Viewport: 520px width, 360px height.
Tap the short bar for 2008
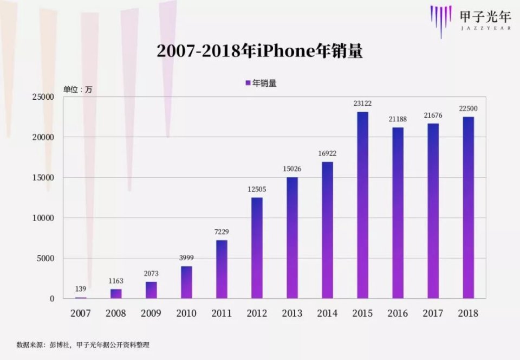(116, 293)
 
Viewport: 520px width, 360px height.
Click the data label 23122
(362, 103)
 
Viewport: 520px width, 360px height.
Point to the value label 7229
(222, 232)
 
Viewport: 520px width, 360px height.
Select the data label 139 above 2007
(81, 288)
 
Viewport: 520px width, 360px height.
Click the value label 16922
(327, 153)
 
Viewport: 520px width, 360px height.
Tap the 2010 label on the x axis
(186, 313)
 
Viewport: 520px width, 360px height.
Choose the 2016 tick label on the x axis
(398, 313)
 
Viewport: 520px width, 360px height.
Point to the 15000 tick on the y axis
(44, 178)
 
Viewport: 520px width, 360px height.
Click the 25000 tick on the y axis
(44, 97)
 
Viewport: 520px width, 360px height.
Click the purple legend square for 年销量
(248, 83)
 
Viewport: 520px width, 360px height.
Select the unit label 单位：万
(77, 89)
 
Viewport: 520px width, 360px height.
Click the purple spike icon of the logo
(441, 20)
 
